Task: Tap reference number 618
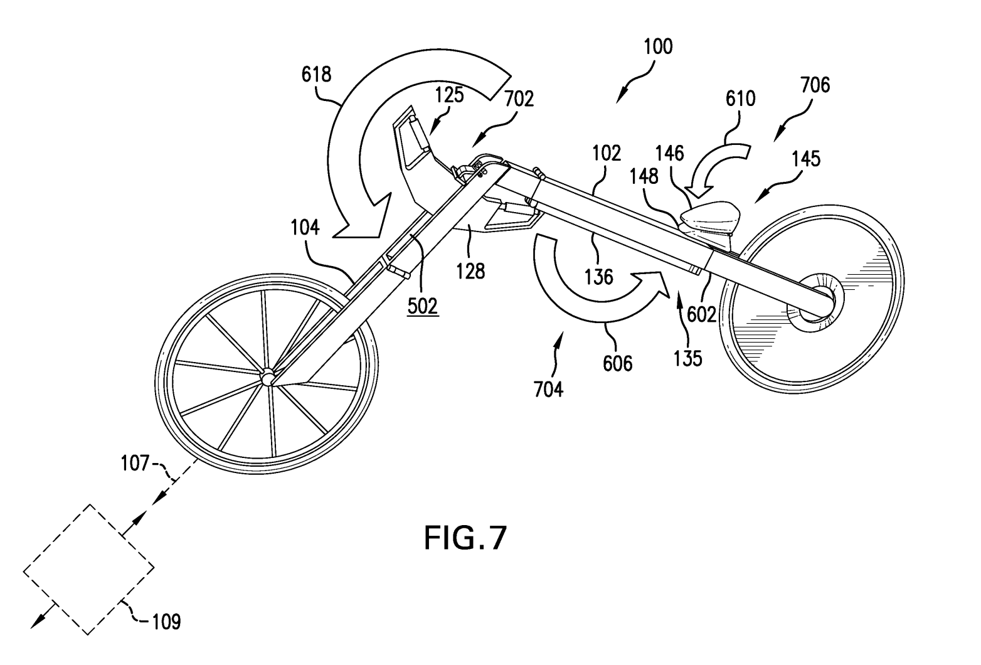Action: point(316,75)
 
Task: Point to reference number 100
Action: point(657,47)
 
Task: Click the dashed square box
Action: point(88,569)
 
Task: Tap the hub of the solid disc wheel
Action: point(820,300)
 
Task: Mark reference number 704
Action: point(549,390)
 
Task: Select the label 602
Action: point(701,314)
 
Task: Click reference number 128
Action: point(470,270)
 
